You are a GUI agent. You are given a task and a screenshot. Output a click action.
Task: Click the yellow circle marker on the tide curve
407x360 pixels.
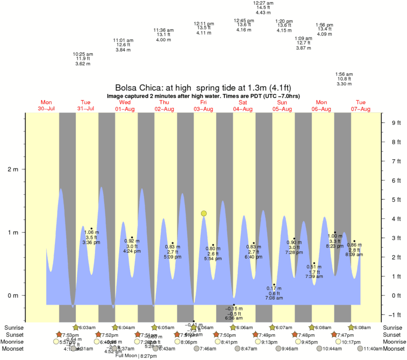(204, 213)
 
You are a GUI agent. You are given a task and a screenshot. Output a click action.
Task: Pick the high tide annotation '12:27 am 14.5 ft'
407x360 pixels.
(263, 8)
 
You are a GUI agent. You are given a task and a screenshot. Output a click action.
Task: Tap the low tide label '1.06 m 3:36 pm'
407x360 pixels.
(91, 237)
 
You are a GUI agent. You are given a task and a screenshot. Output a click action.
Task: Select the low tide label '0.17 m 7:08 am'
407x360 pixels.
(274, 293)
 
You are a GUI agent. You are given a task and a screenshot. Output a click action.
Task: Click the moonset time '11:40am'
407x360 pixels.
(372, 349)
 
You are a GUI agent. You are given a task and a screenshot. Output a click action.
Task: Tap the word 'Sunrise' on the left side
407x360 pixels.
(14, 328)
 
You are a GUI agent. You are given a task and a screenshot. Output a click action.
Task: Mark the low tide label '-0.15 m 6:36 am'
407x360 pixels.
(234, 313)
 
